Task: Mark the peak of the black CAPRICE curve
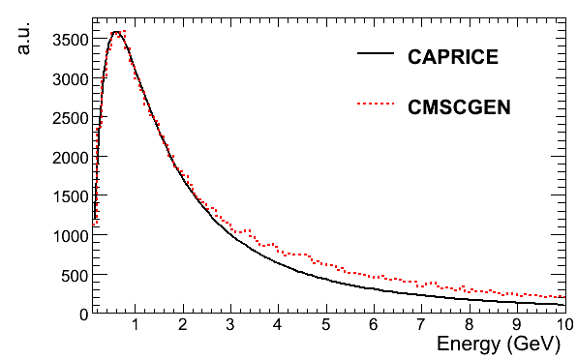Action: pyautogui.click(x=115, y=32)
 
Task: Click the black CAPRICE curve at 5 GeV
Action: pyautogui.click(x=326, y=280)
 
